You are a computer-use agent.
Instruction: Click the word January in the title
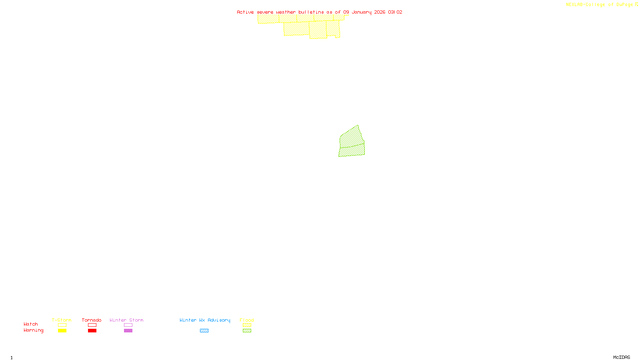(x=362, y=12)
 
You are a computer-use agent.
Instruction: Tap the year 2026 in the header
(x=380, y=12)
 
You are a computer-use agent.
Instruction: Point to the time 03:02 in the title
(x=395, y=12)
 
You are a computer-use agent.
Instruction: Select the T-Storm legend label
(x=62, y=320)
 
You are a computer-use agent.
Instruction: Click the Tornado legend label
(x=92, y=320)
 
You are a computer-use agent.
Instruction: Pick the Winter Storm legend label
(x=126, y=320)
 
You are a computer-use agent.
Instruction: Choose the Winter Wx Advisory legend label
(x=205, y=320)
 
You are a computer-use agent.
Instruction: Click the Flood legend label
(x=247, y=320)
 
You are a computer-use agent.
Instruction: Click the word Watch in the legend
(x=31, y=324)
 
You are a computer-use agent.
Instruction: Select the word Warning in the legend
(x=33, y=330)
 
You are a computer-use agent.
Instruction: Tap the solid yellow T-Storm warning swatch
(x=62, y=331)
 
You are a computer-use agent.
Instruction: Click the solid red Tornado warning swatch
(x=92, y=331)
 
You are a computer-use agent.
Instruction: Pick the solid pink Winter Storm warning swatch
(x=128, y=331)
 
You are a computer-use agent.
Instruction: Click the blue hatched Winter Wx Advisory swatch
(x=204, y=331)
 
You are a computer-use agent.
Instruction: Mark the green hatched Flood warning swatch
(x=247, y=331)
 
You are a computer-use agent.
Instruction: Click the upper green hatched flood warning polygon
(x=351, y=137)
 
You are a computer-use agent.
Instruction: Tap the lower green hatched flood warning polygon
(x=352, y=150)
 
